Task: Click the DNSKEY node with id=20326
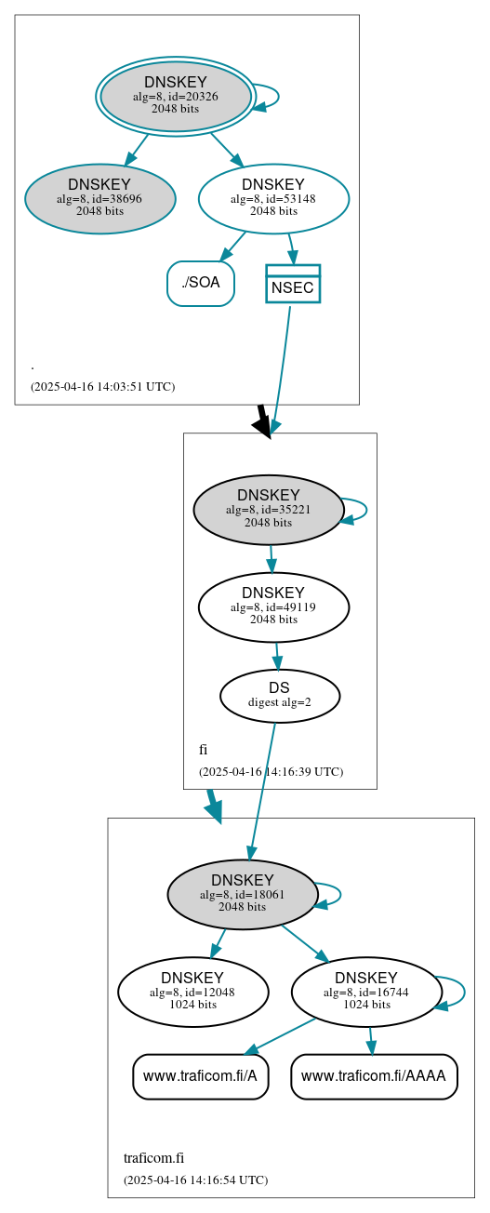175,96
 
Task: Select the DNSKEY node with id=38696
99,198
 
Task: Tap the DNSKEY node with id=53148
273,198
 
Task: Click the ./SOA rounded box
200,283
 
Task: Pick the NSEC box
292,284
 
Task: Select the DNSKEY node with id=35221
268,509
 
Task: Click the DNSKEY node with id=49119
273,606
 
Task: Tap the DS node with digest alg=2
279,695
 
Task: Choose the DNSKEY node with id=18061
242,894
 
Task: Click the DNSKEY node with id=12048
192,992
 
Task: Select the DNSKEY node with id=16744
365,992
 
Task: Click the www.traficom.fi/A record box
200,1076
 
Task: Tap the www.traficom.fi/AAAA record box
374,1076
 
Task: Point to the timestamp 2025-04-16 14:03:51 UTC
102,386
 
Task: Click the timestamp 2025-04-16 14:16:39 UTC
271,771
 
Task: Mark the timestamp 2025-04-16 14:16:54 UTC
195,1180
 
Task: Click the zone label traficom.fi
153,1158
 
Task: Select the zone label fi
203,750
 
